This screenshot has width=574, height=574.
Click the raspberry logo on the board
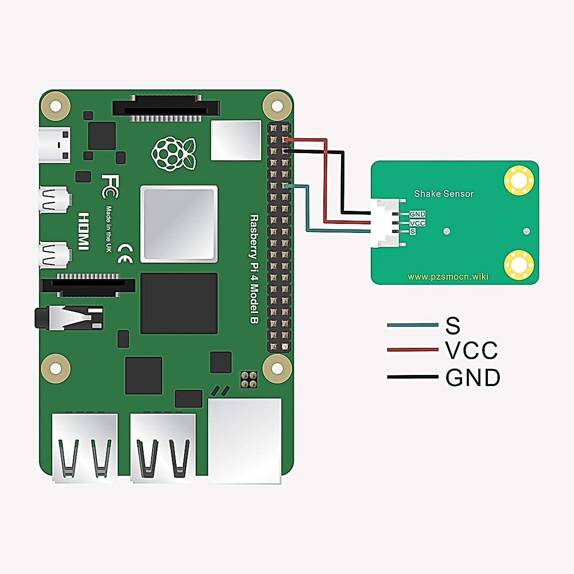(x=174, y=154)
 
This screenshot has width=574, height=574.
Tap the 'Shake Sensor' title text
(x=443, y=194)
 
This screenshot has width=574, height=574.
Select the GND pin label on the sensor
(x=417, y=214)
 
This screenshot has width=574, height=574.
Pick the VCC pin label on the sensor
(x=417, y=223)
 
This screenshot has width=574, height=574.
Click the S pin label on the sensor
(x=412, y=232)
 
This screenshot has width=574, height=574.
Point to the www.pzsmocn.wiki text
(x=448, y=276)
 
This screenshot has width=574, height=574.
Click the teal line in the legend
(x=412, y=325)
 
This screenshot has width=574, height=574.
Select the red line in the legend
(x=412, y=350)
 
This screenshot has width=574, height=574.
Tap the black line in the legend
(x=412, y=377)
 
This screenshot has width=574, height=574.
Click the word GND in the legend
(x=473, y=378)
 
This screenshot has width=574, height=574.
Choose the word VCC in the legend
(x=471, y=351)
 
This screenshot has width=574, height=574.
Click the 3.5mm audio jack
(x=69, y=318)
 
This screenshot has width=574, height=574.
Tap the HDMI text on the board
(x=84, y=231)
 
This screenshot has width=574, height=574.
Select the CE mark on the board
(x=125, y=253)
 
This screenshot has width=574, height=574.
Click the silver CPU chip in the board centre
(x=179, y=224)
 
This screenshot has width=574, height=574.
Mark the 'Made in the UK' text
(x=109, y=229)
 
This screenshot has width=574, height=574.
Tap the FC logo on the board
(x=110, y=186)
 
